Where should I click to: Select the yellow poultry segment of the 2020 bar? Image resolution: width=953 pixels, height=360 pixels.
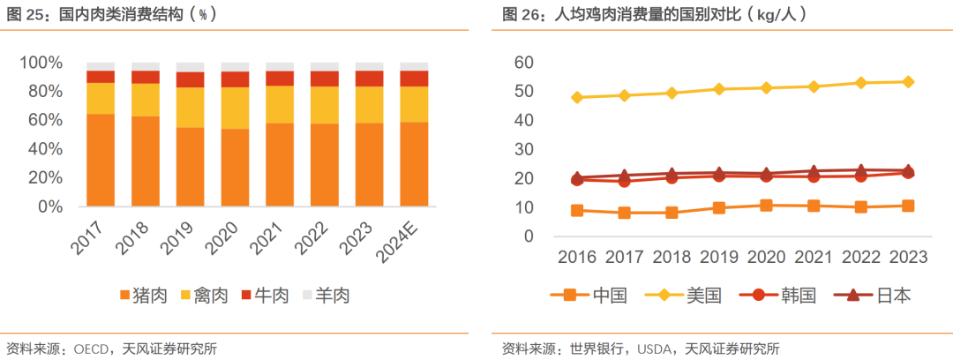pos(235,108)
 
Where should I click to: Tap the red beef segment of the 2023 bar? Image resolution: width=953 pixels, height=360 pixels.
pos(369,79)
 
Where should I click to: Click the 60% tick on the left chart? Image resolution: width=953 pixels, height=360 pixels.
pos(41,120)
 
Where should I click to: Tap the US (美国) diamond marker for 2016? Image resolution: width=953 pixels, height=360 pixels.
pos(577,97)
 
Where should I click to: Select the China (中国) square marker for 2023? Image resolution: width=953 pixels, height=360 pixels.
pos(907,206)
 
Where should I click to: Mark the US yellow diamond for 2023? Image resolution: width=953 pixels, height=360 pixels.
pos(907,81)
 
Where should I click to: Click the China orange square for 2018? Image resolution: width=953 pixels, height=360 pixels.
pos(672,213)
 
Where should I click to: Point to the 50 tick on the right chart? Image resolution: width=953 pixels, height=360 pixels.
pos(524,92)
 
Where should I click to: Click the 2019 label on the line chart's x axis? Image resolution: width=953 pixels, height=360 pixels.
pos(718,257)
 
